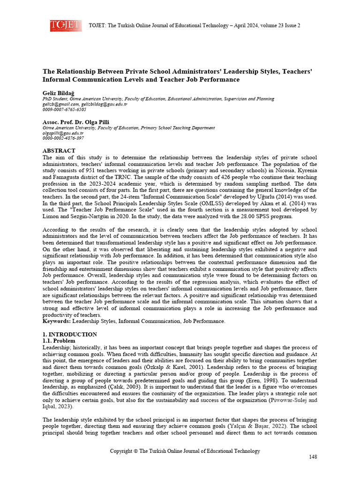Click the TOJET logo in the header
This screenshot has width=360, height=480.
pos(66,26)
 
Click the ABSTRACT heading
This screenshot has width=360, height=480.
pos(59,150)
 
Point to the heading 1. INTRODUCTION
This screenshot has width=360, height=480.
pos(70,334)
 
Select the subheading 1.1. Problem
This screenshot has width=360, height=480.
pos(59,341)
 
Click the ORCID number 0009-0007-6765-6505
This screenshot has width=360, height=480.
pos(64,110)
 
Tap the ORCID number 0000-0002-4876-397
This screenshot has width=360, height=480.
pos(63,138)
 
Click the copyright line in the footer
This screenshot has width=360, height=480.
pos(185,451)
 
